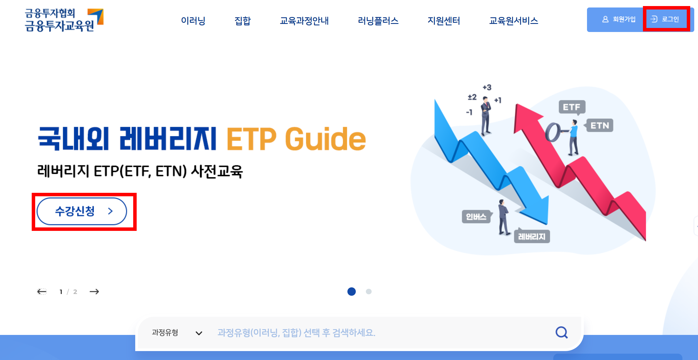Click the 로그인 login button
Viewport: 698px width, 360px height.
pyautogui.click(x=666, y=19)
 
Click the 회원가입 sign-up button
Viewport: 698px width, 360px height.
pyautogui.click(x=619, y=19)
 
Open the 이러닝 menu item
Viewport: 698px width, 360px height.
pyautogui.click(x=193, y=21)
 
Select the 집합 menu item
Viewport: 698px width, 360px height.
pyautogui.click(x=242, y=21)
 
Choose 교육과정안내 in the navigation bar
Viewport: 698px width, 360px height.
pyautogui.click(x=304, y=21)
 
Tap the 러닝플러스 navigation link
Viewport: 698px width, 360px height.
pyautogui.click(x=378, y=21)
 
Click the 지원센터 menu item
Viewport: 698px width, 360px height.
pyautogui.click(x=444, y=21)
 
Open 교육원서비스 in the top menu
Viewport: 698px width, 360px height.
pyautogui.click(x=513, y=21)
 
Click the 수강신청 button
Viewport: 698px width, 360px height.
pyautogui.click(x=82, y=211)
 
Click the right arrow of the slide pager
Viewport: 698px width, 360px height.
pyautogui.click(x=94, y=292)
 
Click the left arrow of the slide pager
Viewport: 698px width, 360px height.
pyautogui.click(x=42, y=292)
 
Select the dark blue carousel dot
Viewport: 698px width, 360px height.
pyautogui.click(x=351, y=292)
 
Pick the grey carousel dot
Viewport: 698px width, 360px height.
pyautogui.click(x=369, y=292)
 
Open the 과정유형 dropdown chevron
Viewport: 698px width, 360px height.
pyautogui.click(x=199, y=333)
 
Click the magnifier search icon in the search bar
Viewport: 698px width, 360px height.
pyautogui.click(x=561, y=332)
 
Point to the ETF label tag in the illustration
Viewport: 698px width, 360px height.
pyautogui.click(x=572, y=107)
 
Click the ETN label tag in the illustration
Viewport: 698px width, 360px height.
pyautogui.click(x=600, y=126)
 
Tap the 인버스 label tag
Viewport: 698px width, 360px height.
pyautogui.click(x=476, y=217)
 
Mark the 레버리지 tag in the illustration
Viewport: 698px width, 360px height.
pyautogui.click(x=532, y=237)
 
